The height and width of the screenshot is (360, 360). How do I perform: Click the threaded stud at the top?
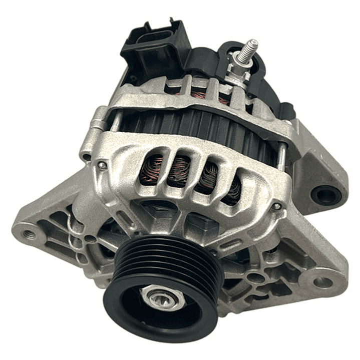tap(248, 51)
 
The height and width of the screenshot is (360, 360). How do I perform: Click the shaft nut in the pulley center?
tap(159, 299)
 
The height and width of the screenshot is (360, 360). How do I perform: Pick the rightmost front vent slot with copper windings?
tap(231, 190)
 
